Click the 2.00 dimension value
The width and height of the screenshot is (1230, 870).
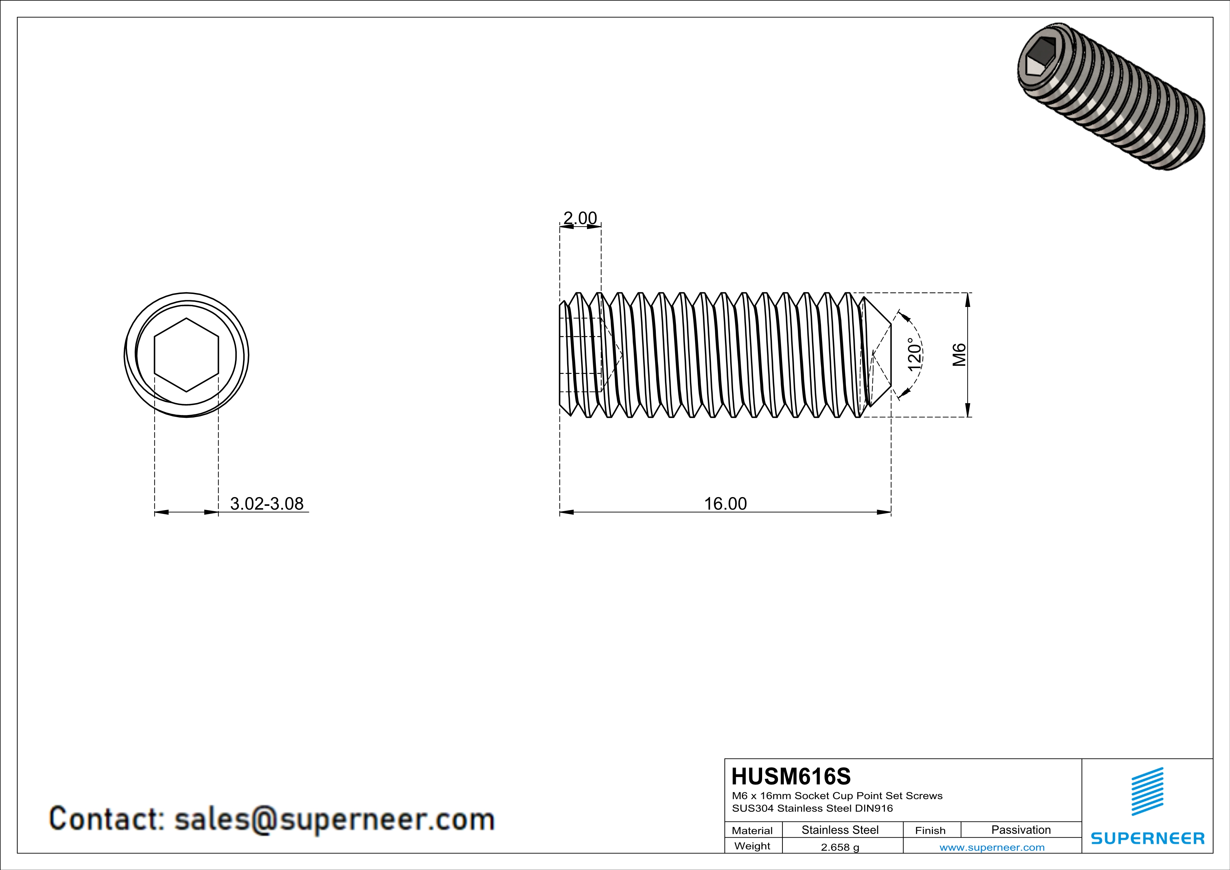click(580, 218)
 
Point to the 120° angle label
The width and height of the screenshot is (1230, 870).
click(914, 354)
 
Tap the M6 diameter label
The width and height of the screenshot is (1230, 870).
click(959, 355)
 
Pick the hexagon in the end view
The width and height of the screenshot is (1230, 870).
click(187, 355)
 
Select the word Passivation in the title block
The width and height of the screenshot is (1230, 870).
click(1021, 830)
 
